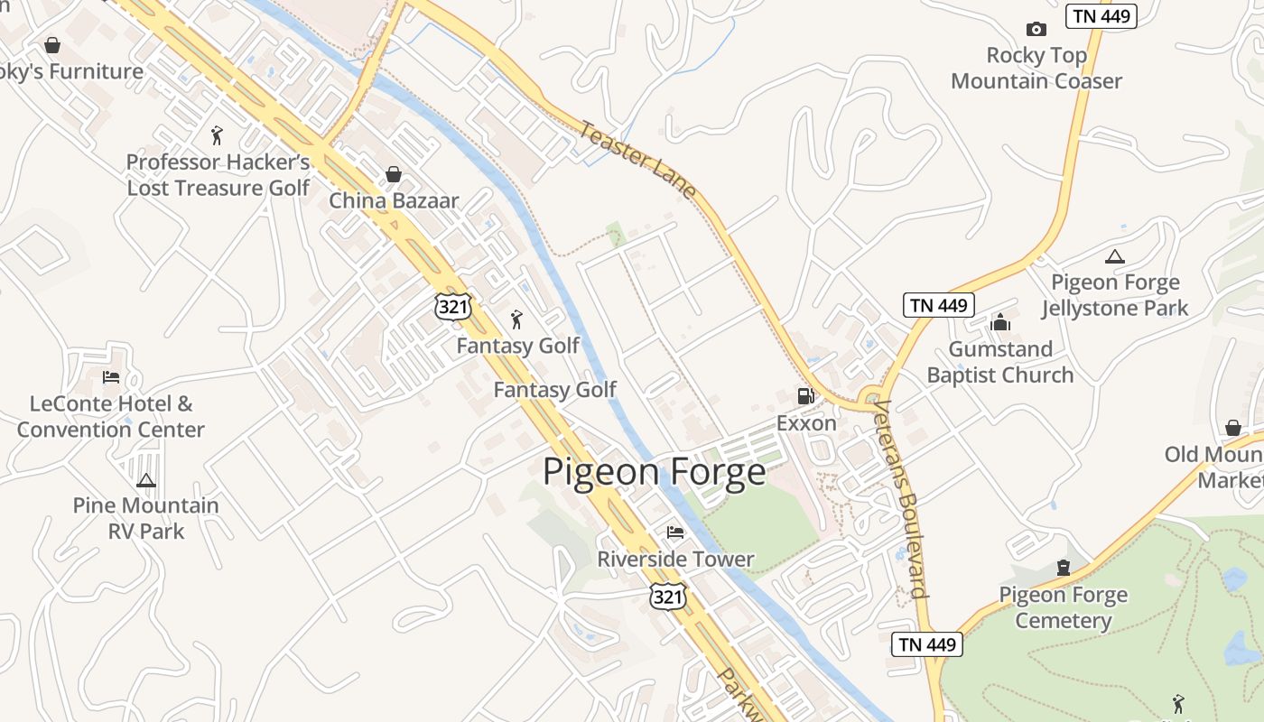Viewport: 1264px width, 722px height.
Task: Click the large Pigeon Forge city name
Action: click(654, 472)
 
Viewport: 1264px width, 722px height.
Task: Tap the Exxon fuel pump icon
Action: click(805, 395)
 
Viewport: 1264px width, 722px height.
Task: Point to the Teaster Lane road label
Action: click(637, 160)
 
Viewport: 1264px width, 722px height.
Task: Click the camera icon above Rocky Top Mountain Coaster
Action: click(1036, 30)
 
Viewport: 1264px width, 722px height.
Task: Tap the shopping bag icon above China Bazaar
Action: click(394, 173)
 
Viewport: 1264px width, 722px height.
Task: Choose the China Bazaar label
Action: click(394, 200)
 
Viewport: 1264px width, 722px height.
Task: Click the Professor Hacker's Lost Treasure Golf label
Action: click(218, 175)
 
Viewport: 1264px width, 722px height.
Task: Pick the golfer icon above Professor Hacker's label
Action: click(216, 135)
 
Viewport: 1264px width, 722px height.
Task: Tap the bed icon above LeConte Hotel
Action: click(111, 376)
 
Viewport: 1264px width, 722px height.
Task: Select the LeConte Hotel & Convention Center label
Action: click(111, 416)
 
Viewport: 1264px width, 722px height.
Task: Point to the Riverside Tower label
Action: click(675, 560)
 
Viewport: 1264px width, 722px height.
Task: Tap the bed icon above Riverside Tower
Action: click(675, 532)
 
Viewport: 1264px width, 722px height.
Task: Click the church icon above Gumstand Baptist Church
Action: click(1000, 322)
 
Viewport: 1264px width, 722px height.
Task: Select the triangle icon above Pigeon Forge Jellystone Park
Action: click(1115, 256)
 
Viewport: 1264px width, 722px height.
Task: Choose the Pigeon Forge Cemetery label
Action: click(1064, 607)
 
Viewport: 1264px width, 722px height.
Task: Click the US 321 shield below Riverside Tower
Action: click(668, 597)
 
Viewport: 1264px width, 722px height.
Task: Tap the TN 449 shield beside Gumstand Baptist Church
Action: click(939, 305)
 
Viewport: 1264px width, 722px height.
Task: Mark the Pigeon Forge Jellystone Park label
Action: click(1115, 295)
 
